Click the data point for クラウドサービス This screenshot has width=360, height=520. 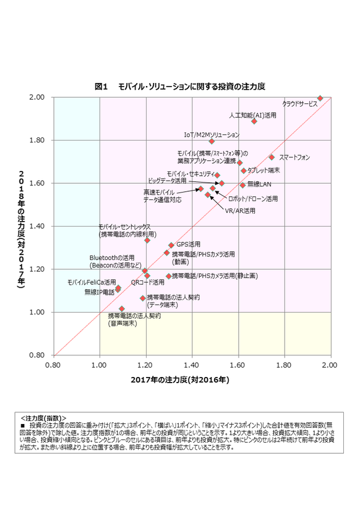click(x=320, y=98)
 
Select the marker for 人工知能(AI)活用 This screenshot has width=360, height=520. click(x=254, y=121)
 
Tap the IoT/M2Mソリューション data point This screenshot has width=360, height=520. click(x=212, y=141)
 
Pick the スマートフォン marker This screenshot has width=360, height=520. click(x=272, y=157)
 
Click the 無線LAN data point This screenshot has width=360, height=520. click(x=242, y=185)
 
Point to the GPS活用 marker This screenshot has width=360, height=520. click(x=171, y=245)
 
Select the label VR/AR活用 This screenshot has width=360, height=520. click(x=240, y=211)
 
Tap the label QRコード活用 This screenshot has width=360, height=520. click(x=148, y=282)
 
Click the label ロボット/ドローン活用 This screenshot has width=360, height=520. click(x=253, y=199)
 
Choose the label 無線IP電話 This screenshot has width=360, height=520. click(x=100, y=292)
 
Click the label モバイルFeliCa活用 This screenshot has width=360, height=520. click(x=92, y=282)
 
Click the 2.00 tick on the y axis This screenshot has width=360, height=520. click(x=36, y=98)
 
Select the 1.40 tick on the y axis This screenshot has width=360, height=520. click(x=36, y=227)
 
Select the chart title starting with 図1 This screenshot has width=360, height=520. click(x=179, y=86)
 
